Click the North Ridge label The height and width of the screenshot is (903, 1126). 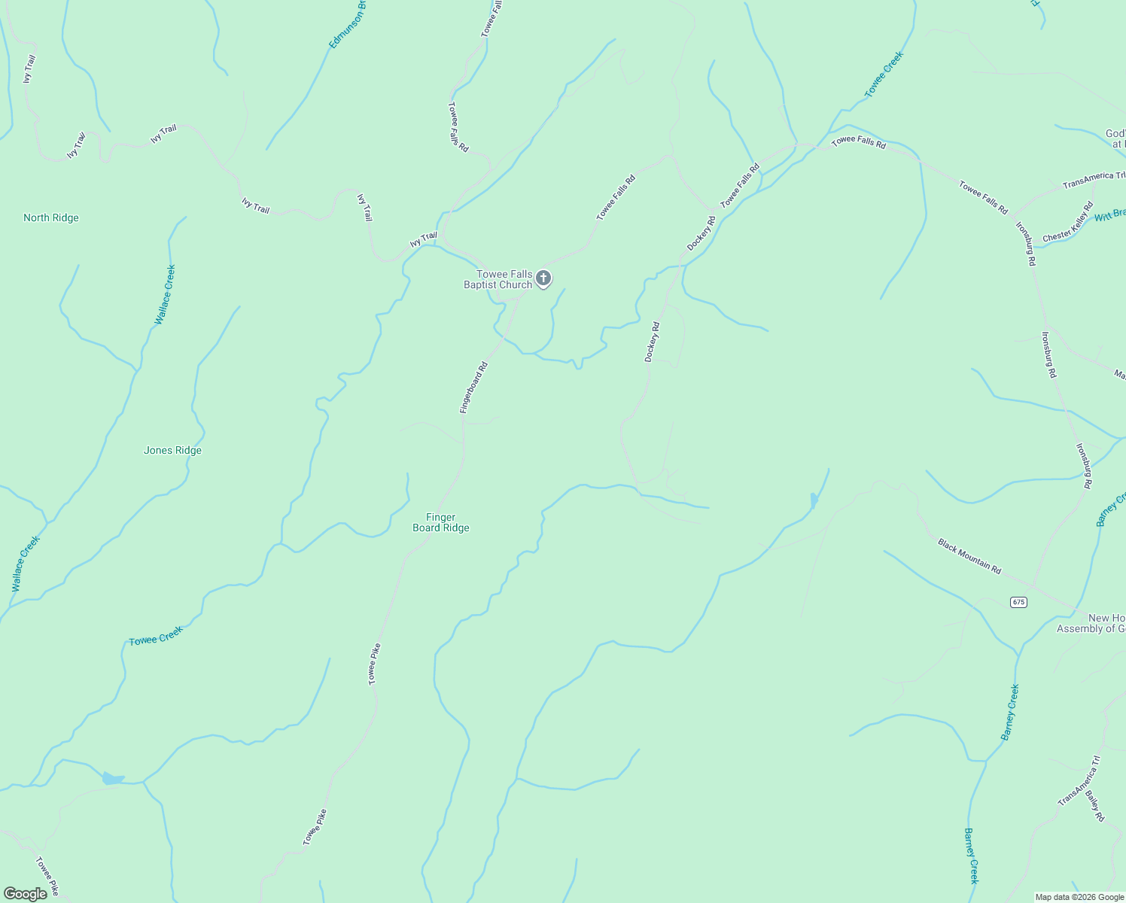click(x=51, y=218)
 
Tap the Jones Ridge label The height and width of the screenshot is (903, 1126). click(x=172, y=451)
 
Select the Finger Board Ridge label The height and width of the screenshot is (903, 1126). click(x=441, y=522)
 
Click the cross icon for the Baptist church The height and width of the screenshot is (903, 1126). click(x=543, y=278)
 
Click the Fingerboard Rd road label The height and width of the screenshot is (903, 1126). click(x=474, y=388)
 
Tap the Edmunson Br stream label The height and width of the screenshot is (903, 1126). click(x=348, y=24)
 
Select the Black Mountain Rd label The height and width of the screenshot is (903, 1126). click(x=969, y=556)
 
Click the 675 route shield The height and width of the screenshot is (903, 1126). click(x=1018, y=602)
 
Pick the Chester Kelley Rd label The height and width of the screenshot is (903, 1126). click(x=1067, y=222)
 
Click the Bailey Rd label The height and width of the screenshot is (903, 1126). click(x=1094, y=805)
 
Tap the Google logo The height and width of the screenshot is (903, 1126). click(x=26, y=894)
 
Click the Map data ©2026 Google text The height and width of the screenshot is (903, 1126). click(x=1079, y=897)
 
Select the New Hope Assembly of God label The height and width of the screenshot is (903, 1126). click(x=1091, y=623)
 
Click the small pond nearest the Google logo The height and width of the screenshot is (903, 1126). click(x=113, y=778)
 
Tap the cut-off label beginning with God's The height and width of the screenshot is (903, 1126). click(x=1115, y=138)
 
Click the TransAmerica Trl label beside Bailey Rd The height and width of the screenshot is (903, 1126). click(x=1079, y=781)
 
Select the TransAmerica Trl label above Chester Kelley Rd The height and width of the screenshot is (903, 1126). click(x=1094, y=180)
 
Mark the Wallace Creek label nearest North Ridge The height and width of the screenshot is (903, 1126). click(x=165, y=294)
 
